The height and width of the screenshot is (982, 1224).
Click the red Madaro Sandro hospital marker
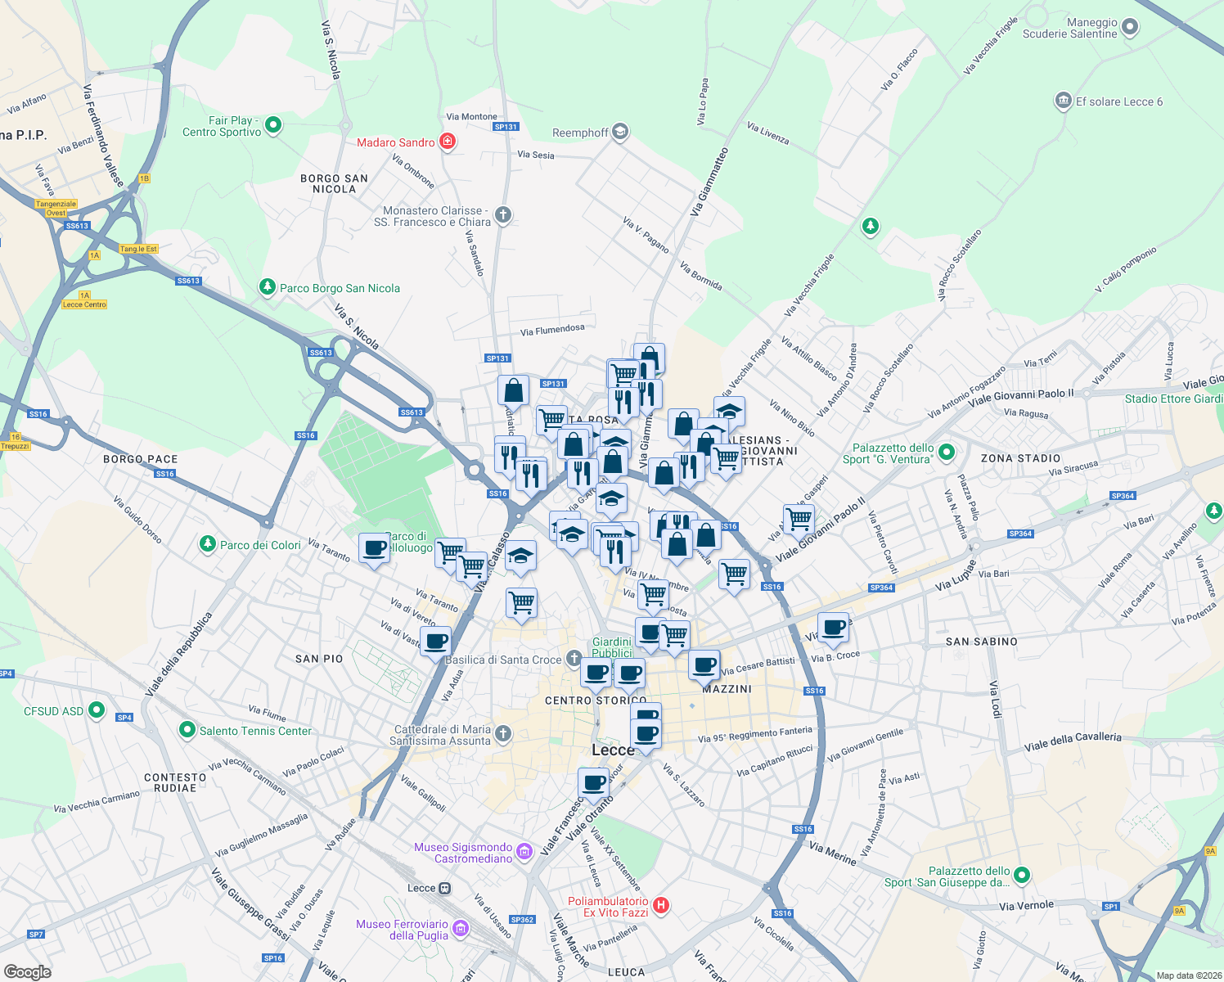448,142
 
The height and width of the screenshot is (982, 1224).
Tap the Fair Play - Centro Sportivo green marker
274,125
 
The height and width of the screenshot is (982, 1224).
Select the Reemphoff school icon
620,132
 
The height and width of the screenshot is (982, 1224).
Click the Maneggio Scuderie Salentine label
1069,29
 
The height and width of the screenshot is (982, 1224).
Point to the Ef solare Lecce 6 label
1118,101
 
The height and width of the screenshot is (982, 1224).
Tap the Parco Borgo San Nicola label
340,288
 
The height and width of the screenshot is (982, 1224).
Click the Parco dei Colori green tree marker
208,544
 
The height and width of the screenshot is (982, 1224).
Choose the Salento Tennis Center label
255,731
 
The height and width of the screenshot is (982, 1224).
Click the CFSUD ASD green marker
97,710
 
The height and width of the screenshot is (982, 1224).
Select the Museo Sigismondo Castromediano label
463,853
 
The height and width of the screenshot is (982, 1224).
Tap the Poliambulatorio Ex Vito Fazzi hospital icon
661,905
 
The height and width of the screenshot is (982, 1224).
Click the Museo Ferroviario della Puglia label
402,930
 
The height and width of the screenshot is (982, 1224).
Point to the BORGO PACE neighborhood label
141,459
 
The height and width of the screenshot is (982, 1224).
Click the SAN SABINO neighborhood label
981,642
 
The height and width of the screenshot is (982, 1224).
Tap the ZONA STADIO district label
1020,458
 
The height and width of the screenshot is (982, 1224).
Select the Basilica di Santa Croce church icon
574,658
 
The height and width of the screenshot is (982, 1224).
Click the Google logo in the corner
27,972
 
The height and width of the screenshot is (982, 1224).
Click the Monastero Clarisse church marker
503,215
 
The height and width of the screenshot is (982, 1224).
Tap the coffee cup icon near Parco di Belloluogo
374,549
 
